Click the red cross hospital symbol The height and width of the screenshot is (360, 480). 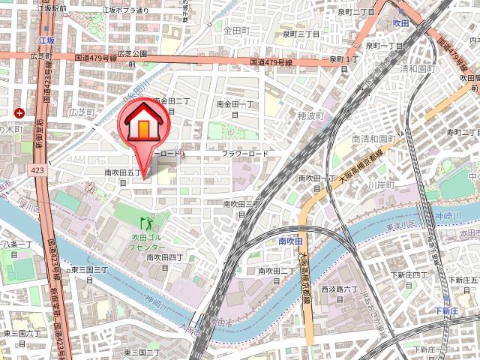coord(19,113)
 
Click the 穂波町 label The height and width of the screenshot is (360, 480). coord(308,116)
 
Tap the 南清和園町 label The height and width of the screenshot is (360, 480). coord(373,139)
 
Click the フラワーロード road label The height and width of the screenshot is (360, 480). coord(244,154)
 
